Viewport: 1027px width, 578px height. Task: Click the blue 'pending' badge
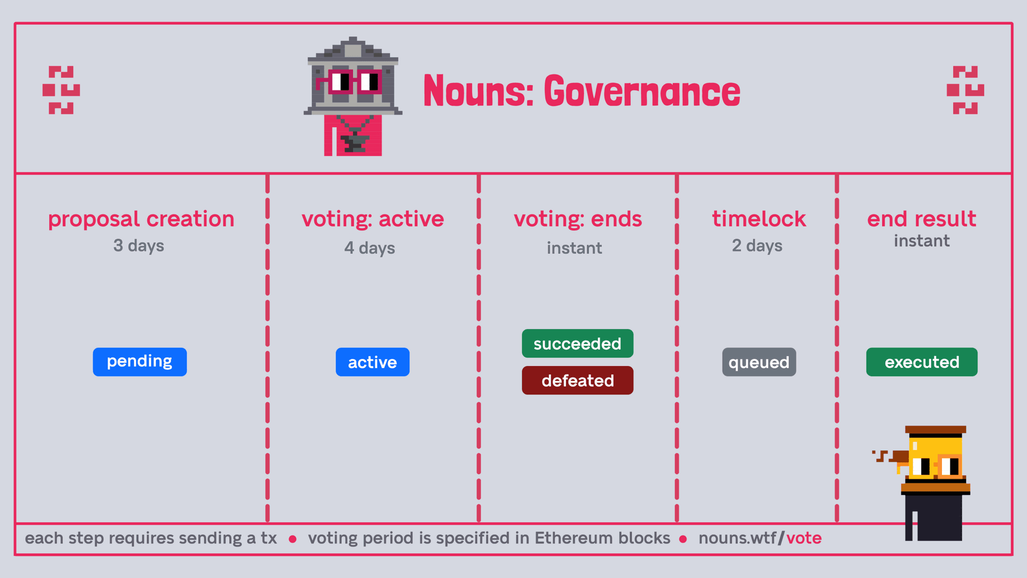click(x=140, y=362)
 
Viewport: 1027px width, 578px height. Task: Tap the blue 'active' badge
click(x=372, y=362)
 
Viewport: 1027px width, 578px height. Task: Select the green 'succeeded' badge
click(x=578, y=344)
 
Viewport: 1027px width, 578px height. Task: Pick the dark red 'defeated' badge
click(x=578, y=381)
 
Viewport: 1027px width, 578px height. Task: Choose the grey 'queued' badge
click(x=759, y=362)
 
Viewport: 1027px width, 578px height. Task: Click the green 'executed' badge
click(x=922, y=362)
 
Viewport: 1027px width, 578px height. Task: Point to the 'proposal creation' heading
click(x=141, y=219)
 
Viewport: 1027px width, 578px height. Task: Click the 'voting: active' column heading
click(x=373, y=219)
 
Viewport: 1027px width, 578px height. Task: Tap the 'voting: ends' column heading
click(x=578, y=219)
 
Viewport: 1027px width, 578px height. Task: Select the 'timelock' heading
click(x=759, y=219)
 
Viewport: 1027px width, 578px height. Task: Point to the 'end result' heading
click(x=922, y=219)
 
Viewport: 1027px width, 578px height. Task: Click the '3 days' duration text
click(x=139, y=246)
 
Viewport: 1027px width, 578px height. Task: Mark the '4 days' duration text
click(x=370, y=248)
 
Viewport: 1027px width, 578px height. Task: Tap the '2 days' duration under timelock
click(x=757, y=246)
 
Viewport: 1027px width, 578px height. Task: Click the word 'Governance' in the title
click(x=642, y=91)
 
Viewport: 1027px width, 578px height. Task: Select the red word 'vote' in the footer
click(x=804, y=538)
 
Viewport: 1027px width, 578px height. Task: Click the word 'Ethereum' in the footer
click(x=602, y=538)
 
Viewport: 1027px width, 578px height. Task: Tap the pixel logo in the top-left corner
click(x=61, y=90)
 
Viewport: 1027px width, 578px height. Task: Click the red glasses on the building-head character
click(x=349, y=82)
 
